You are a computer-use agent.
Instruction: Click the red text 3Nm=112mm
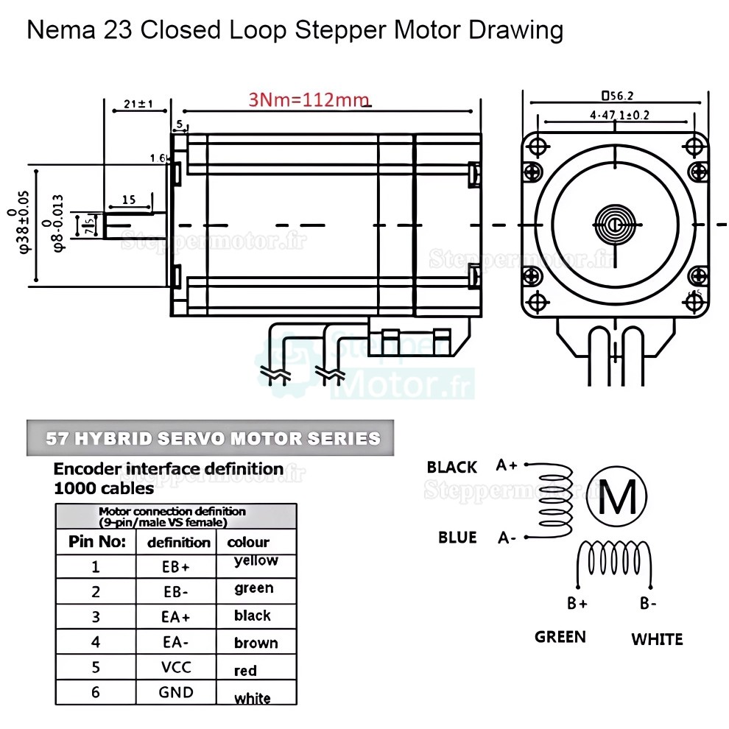pyautogui.click(x=309, y=100)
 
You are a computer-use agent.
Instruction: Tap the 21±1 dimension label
pyautogui.click(x=138, y=104)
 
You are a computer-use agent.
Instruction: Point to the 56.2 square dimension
pyautogui.click(x=618, y=95)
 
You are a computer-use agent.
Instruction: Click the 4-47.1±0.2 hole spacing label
pyautogui.click(x=619, y=115)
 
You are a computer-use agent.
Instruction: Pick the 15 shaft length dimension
pyautogui.click(x=129, y=200)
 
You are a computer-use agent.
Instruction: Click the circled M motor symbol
pyautogui.click(x=618, y=498)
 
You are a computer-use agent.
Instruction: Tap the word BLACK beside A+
pyautogui.click(x=451, y=467)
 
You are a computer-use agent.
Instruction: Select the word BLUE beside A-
pyautogui.click(x=457, y=537)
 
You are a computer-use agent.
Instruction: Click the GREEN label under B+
pyautogui.click(x=560, y=636)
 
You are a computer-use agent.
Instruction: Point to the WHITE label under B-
pyautogui.click(x=656, y=639)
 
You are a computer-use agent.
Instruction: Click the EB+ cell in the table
pyautogui.click(x=176, y=567)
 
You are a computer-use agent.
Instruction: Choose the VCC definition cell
pyautogui.click(x=176, y=667)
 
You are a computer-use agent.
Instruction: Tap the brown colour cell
pyautogui.click(x=256, y=643)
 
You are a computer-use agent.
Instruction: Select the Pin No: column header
pyautogui.click(x=96, y=542)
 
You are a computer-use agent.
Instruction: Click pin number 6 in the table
pyautogui.click(x=96, y=692)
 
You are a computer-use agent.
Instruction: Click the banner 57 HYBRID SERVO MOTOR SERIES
pyautogui.click(x=213, y=439)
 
